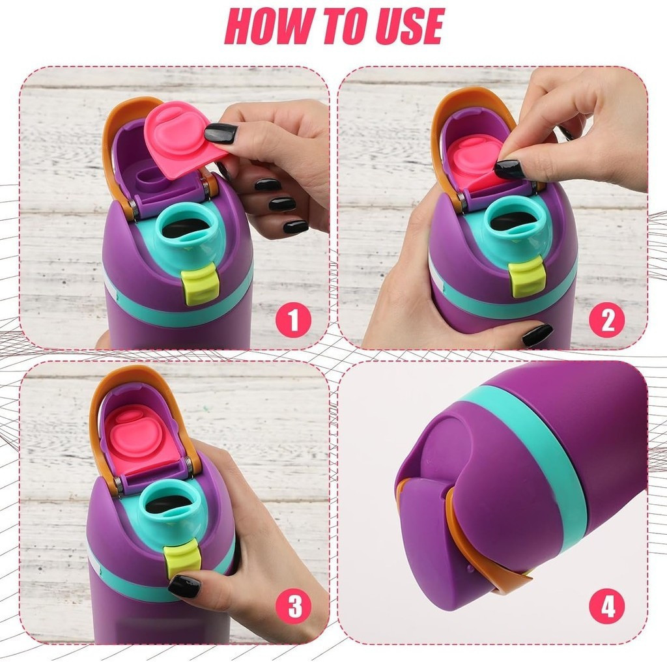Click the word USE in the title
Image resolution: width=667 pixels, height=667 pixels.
coord(408,25)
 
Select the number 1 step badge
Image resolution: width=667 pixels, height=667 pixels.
coord(293,320)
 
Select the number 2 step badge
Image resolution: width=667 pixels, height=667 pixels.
coord(606,320)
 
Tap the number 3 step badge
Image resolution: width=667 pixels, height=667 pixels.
coord(293,606)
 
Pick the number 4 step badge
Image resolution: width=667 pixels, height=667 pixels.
coord(606,606)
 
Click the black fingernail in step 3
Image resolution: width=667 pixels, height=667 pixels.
coord(184,586)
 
